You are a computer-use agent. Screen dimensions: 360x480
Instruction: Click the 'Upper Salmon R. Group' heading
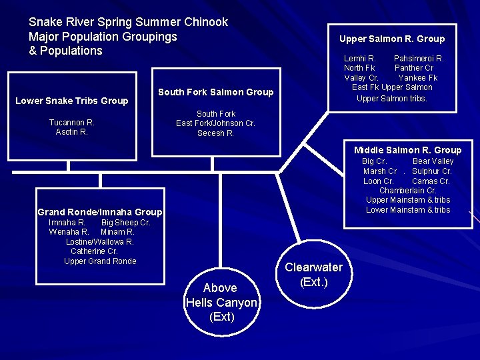tap(391, 39)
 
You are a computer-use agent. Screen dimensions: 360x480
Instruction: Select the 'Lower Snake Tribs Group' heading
tap(71, 101)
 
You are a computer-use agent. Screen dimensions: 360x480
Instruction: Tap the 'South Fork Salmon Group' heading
tap(215, 92)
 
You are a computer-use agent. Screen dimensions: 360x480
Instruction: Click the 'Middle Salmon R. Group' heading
tap(407, 150)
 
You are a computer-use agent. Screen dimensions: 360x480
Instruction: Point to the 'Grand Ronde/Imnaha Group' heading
tap(99, 212)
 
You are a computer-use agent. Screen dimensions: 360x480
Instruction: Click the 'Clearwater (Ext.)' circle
tap(313, 275)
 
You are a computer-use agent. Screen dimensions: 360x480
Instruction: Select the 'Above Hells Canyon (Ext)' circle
tap(220, 302)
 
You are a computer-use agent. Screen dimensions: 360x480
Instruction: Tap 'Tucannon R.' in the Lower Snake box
tap(72, 123)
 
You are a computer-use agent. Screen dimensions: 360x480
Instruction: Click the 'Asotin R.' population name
tap(72, 132)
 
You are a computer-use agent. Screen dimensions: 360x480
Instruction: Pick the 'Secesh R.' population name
tap(215, 133)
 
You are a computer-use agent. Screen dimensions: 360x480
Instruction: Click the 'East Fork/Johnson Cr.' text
tap(215, 123)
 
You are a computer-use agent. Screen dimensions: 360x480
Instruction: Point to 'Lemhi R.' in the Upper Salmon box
tap(359, 59)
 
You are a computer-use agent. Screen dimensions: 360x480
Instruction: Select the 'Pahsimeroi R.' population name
tap(419, 59)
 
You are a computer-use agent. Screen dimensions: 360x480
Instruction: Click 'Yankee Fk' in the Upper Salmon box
tap(417, 78)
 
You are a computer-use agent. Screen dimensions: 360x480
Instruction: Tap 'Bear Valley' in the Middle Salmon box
tap(433, 161)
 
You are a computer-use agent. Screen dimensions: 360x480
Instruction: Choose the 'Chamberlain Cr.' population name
tap(407, 191)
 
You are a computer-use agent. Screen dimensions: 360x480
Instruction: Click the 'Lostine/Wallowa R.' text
tap(100, 242)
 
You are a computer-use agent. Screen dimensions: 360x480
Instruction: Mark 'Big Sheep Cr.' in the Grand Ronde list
tap(125, 223)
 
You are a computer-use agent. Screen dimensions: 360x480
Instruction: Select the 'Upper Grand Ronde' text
tap(100, 261)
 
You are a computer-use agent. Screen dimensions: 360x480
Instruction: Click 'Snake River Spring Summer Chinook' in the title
tap(128, 22)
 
